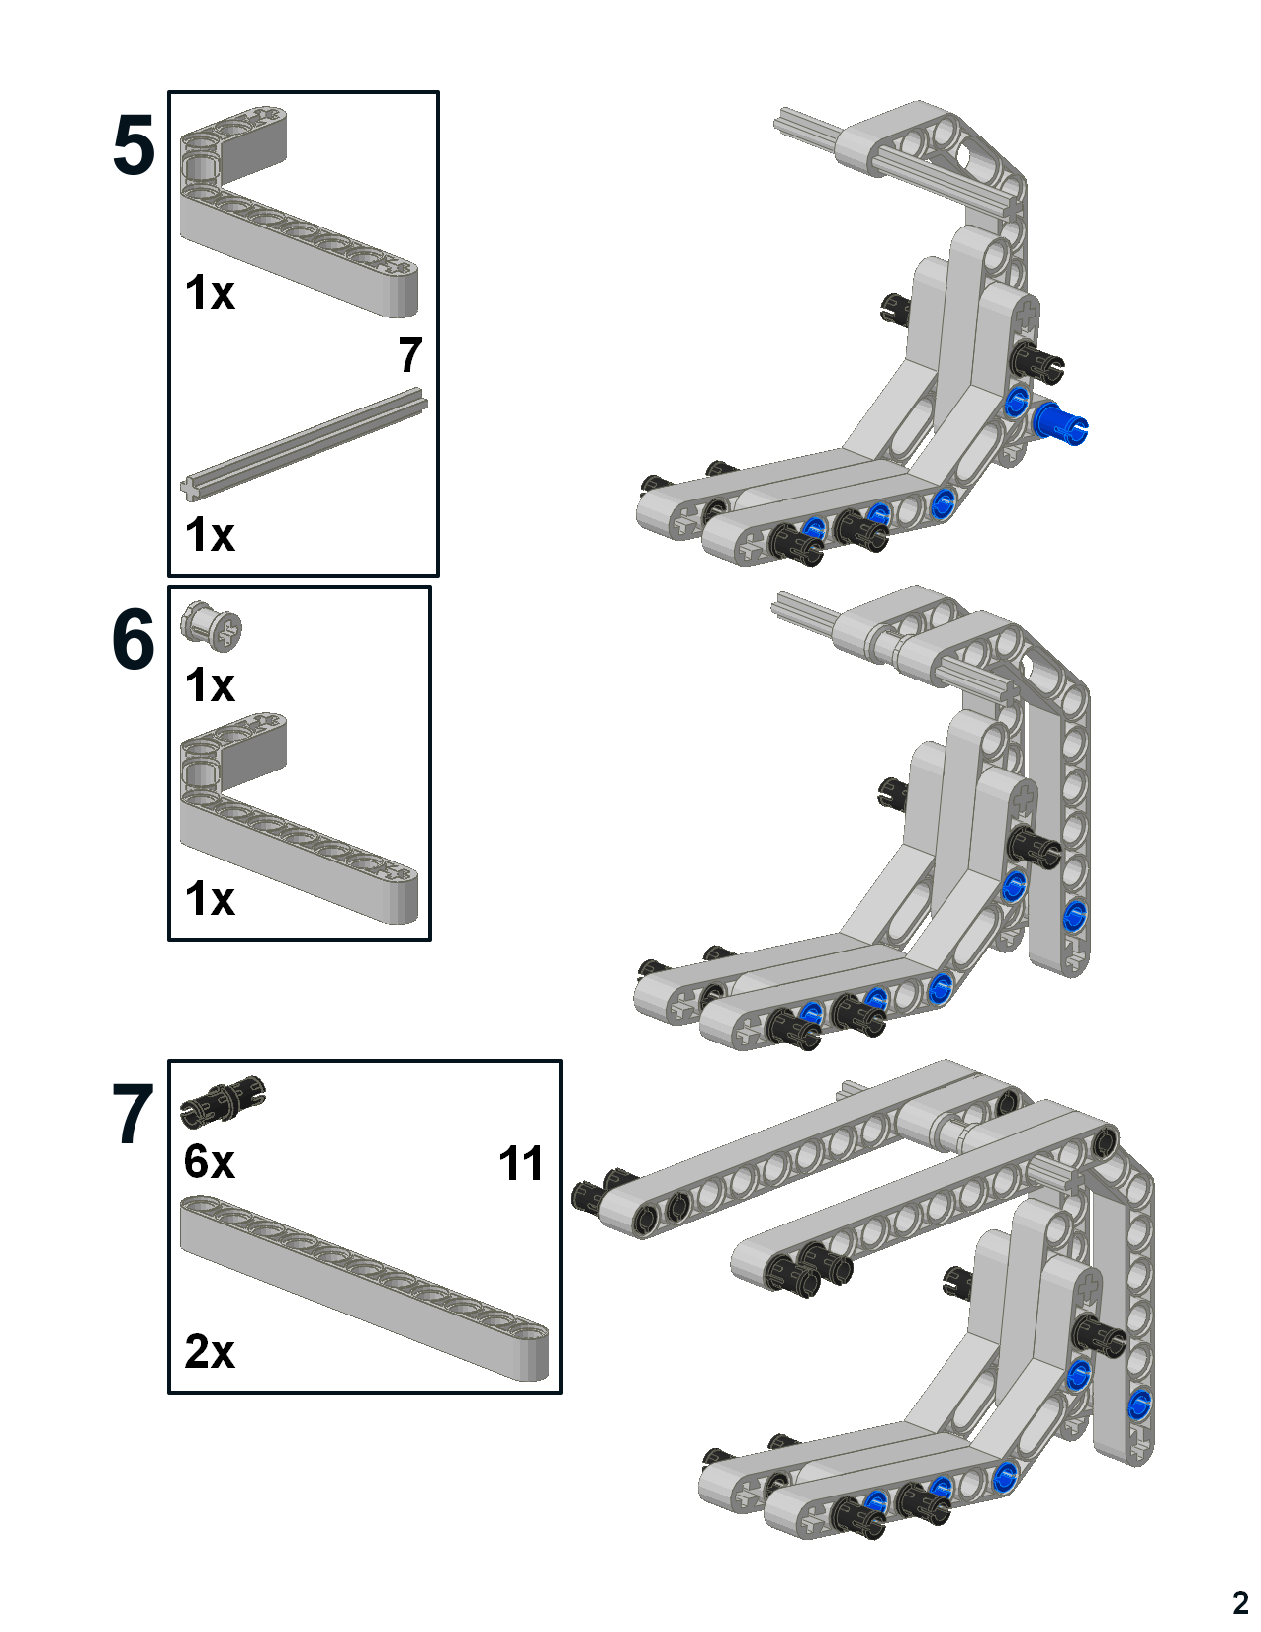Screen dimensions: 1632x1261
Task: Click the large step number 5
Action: pos(134,146)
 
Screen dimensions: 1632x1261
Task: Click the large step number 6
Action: pos(134,640)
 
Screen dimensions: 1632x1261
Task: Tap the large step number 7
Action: pos(134,1116)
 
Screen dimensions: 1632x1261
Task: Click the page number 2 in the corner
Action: pos(1240,1602)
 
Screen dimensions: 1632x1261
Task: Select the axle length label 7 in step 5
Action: pos(410,356)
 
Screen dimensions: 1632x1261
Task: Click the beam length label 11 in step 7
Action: pos(521,1164)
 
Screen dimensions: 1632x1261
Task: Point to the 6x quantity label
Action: pos(209,1161)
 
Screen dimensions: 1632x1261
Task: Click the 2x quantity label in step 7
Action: pos(209,1351)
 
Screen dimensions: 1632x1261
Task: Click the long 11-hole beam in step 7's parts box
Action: pos(364,1286)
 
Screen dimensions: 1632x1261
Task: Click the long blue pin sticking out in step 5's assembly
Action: pos(1061,425)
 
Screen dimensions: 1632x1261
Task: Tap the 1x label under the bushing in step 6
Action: pos(209,685)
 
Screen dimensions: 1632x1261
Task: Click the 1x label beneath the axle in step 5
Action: pos(209,535)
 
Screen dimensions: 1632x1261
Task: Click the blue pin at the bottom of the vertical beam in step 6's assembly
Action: pos(1075,915)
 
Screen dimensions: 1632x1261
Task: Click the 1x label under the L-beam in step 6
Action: pos(209,900)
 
